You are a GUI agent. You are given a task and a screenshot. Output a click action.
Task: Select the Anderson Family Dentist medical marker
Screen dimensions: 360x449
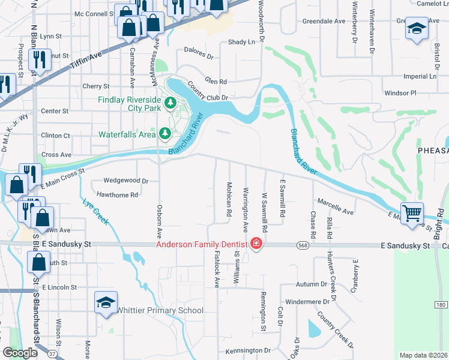[256, 244]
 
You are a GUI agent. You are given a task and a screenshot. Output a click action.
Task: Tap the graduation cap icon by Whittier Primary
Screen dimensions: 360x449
[106, 303]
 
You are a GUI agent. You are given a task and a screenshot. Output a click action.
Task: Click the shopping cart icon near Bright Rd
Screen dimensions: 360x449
[412, 212]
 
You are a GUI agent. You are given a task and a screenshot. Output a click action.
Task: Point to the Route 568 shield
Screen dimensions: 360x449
[303, 245]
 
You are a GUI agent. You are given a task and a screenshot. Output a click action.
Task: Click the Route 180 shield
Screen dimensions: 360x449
[441, 304]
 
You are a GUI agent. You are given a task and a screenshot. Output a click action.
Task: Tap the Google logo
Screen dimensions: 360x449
[20, 353]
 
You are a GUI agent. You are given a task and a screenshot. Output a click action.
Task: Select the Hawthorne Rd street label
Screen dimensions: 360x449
[118, 194]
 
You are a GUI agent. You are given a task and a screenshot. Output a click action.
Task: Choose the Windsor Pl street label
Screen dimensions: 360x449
[400, 93]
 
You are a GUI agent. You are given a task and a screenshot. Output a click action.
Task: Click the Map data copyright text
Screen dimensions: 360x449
[423, 355]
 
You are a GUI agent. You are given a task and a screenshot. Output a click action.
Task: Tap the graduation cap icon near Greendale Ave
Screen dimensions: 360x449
[417, 29]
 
